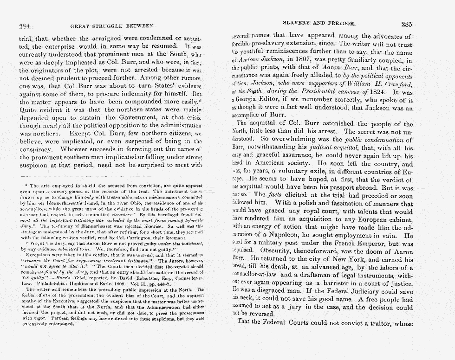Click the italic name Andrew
tap(251, 62)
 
